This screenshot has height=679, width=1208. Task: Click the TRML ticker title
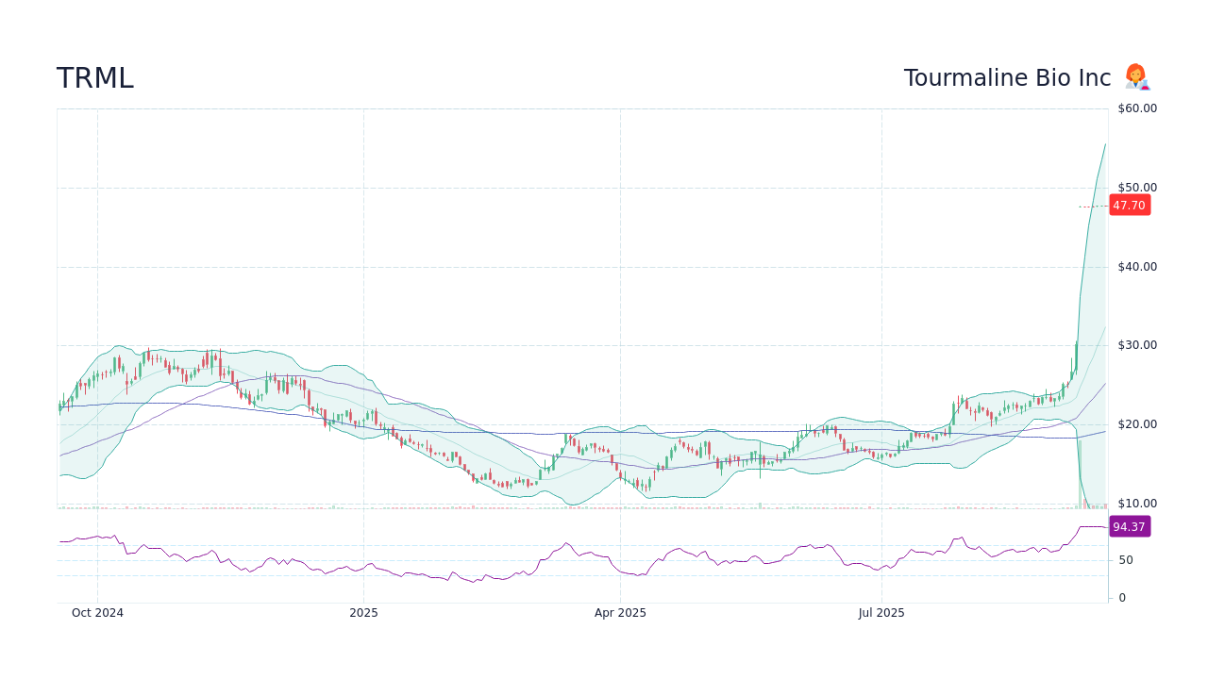95,78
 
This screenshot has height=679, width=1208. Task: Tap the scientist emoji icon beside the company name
1136,77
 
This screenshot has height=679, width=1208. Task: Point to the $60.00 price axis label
1136,108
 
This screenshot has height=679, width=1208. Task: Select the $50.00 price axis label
1136,188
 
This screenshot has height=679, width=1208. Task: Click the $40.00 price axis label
1136,267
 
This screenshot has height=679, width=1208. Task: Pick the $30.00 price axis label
1136,345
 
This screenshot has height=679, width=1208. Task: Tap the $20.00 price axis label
1136,424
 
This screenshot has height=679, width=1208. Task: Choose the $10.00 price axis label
1136,504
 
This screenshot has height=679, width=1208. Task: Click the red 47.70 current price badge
1129,206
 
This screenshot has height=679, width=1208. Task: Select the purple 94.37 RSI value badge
1129,527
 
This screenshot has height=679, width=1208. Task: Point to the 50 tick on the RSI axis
1125,560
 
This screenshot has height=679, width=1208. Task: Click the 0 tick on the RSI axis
1121,598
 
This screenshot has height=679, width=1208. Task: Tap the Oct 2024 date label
97,613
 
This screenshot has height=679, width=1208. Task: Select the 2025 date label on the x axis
363,613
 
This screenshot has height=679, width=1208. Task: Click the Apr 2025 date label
620,613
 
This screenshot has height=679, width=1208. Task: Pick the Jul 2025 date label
881,613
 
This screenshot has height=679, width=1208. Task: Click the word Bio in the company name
1051,78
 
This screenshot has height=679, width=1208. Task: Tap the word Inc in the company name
1095,78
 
